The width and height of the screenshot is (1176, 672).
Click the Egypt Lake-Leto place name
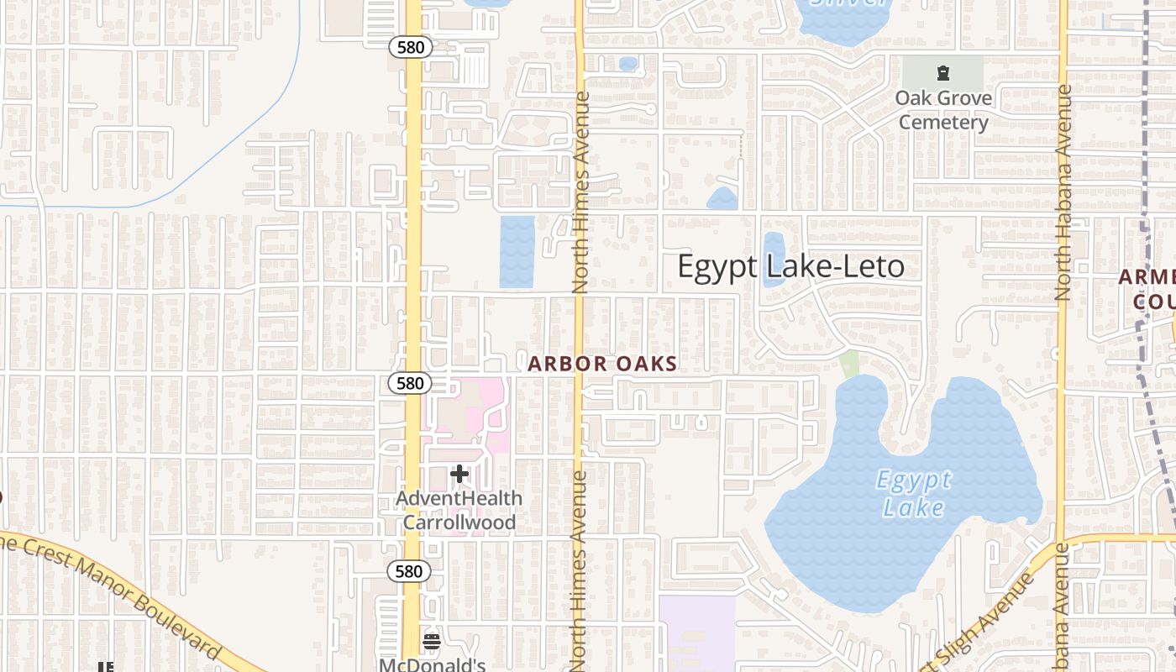point(790,266)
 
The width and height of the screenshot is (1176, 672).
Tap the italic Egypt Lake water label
point(914,494)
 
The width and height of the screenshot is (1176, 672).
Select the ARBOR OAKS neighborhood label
point(602,364)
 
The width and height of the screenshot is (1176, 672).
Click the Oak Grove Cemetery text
point(943,110)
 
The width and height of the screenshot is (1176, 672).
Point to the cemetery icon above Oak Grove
point(943,73)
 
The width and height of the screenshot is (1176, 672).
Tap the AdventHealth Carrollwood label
point(459,510)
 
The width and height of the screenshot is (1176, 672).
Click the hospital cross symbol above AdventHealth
point(459,475)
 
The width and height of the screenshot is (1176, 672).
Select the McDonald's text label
point(432,665)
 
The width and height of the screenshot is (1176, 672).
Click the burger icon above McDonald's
point(432,643)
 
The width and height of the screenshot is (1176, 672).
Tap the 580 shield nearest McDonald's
point(409,572)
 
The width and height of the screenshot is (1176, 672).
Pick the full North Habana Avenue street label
point(1063,193)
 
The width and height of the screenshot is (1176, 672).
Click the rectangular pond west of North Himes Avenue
point(517,251)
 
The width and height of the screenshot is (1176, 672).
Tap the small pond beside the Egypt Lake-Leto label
point(774,260)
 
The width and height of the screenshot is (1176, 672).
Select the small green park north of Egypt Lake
point(849,364)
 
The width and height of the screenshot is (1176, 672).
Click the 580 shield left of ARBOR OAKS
point(410,383)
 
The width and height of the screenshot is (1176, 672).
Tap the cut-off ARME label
point(1147,277)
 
